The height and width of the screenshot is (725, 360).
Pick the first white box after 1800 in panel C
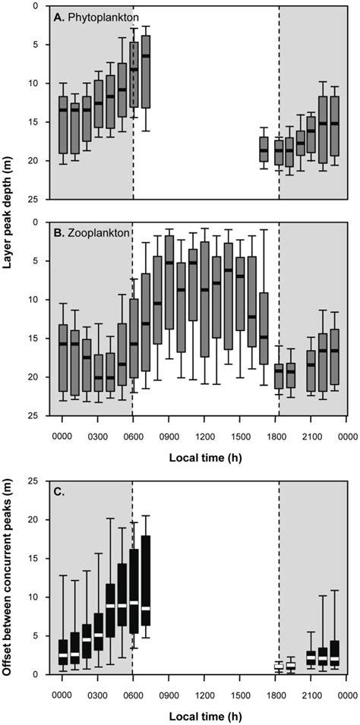pyautogui.click(x=279, y=666)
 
